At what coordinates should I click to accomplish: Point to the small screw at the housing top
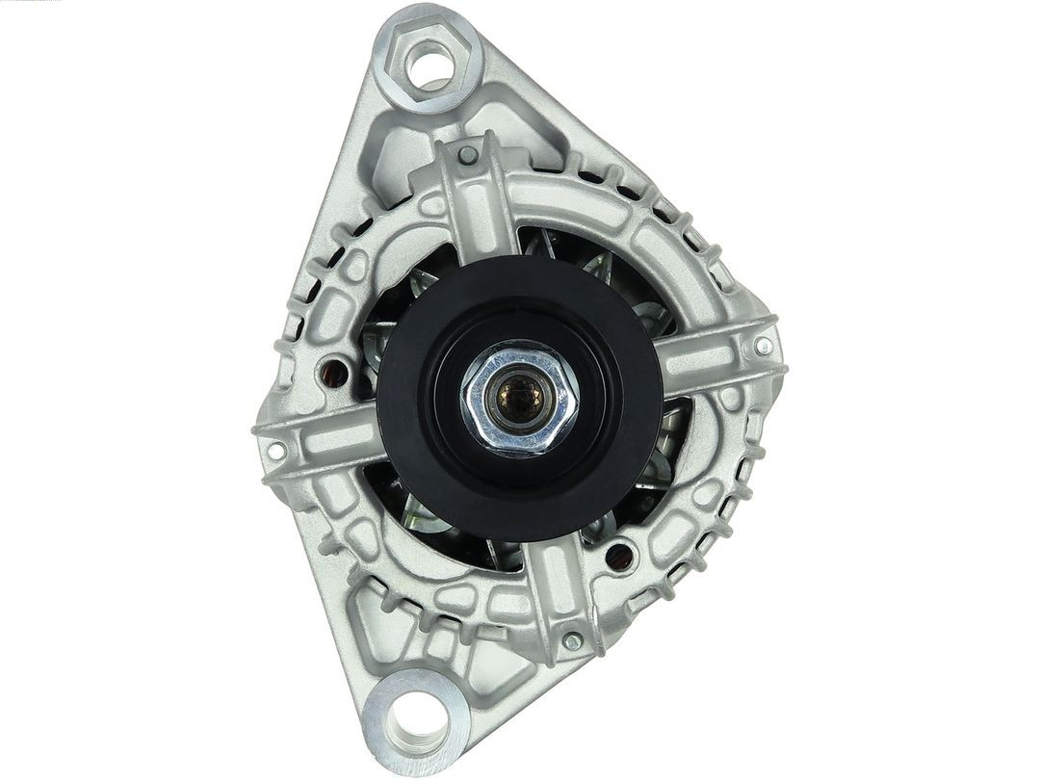click(x=467, y=154)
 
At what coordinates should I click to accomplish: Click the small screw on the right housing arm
click(x=764, y=346)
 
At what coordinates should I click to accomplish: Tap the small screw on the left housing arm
click(x=276, y=451)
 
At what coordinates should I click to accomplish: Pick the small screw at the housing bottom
click(x=572, y=639)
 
